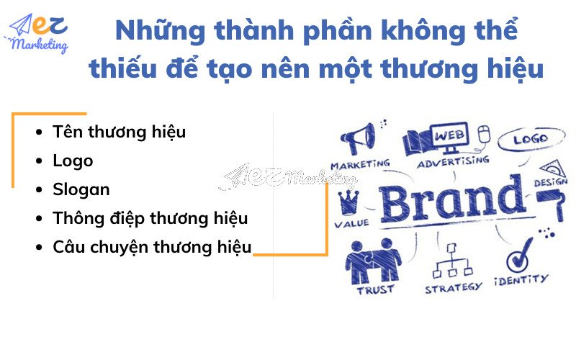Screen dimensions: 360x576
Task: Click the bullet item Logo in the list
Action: point(73,161)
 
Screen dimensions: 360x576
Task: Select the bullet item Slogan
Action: point(81,189)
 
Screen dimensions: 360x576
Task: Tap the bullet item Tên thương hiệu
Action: point(119,132)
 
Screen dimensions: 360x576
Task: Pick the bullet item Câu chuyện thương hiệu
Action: point(152,247)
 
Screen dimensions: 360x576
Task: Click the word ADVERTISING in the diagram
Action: point(454,162)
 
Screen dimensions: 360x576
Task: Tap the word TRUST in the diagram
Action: point(375,289)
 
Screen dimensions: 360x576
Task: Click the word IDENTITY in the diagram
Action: point(521,279)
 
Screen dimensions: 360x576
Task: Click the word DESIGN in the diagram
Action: point(551,183)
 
